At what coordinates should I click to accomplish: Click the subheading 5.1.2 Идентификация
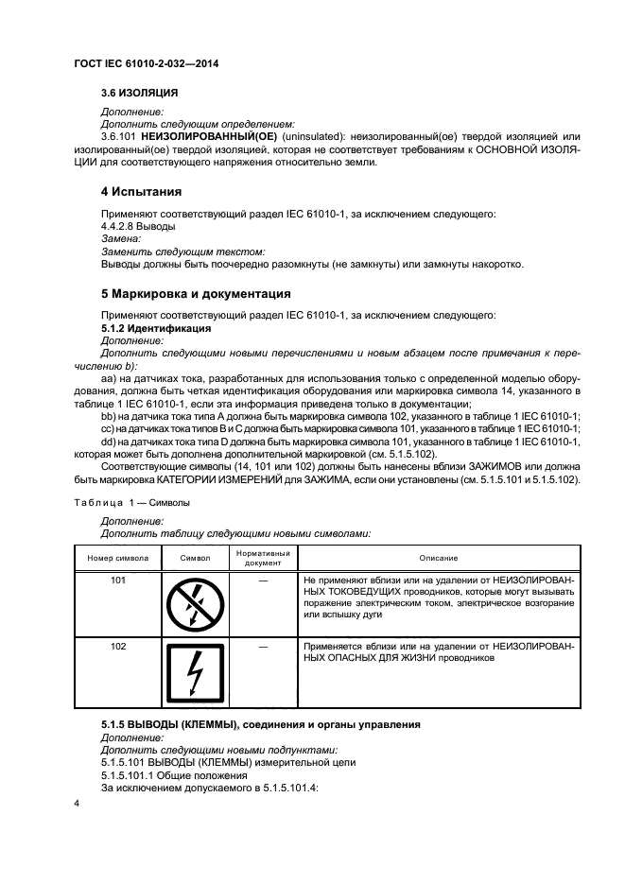(x=155, y=327)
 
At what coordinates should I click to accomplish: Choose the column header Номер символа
(x=118, y=558)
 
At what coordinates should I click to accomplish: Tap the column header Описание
(x=435, y=558)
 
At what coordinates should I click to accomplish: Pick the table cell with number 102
(x=118, y=647)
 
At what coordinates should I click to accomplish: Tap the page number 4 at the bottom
(x=78, y=802)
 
